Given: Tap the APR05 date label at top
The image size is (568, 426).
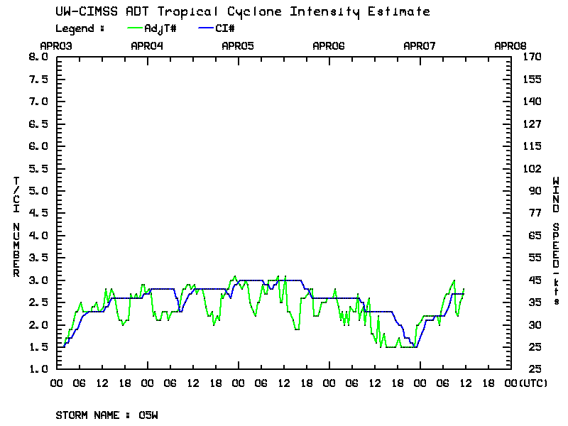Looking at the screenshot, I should click(x=238, y=45).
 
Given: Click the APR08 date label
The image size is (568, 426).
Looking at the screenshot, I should click(x=510, y=45).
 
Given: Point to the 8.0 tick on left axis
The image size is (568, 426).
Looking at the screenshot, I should click(x=37, y=57).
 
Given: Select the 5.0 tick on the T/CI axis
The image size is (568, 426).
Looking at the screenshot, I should click(x=37, y=191).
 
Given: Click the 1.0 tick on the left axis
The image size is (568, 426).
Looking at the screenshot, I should click(x=37, y=369).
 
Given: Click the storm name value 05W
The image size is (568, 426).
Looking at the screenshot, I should click(x=148, y=414).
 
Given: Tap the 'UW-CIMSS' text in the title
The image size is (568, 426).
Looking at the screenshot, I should click(x=81, y=12).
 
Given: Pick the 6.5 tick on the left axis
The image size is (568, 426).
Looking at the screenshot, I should click(x=37, y=124).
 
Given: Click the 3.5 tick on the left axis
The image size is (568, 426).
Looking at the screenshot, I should click(x=37, y=258).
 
